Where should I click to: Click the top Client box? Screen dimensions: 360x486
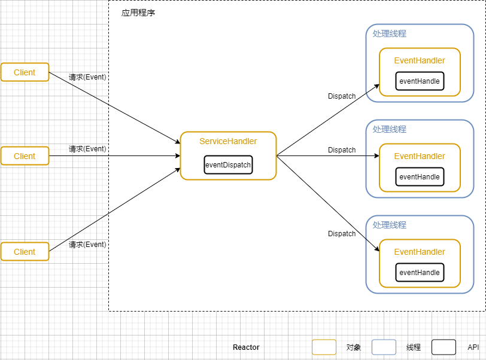[x=25, y=72]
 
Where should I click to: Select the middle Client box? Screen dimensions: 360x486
[x=25, y=156]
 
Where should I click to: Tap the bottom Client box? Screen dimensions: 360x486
[x=25, y=252]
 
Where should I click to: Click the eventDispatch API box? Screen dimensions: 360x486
[x=228, y=165]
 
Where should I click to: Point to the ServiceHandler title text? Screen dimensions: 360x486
[x=228, y=142]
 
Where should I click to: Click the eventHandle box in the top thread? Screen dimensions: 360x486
[x=420, y=81]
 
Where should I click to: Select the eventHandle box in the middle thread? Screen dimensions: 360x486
[x=420, y=177]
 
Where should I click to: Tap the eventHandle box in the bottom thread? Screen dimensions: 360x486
[x=420, y=273]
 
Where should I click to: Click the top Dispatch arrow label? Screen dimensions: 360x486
[x=342, y=96]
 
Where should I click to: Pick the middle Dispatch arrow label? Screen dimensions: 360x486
[x=342, y=150]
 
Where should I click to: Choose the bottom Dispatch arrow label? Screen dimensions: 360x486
[x=342, y=234]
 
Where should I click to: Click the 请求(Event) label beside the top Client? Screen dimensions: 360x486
[x=87, y=77]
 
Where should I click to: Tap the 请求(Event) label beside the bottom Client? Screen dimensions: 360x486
[x=87, y=245]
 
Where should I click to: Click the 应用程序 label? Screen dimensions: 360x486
[x=138, y=13]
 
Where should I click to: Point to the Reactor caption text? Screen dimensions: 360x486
[x=246, y=347]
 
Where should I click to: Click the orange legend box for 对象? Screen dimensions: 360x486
[x=324, y=347]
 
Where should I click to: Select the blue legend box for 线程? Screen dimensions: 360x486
[x=384, y=347]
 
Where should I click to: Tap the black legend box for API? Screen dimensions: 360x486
[x=444, y=347]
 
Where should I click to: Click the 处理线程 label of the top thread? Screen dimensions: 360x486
[x=389, y=34]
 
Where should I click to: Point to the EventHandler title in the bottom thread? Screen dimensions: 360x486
[x=420, y=252]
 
